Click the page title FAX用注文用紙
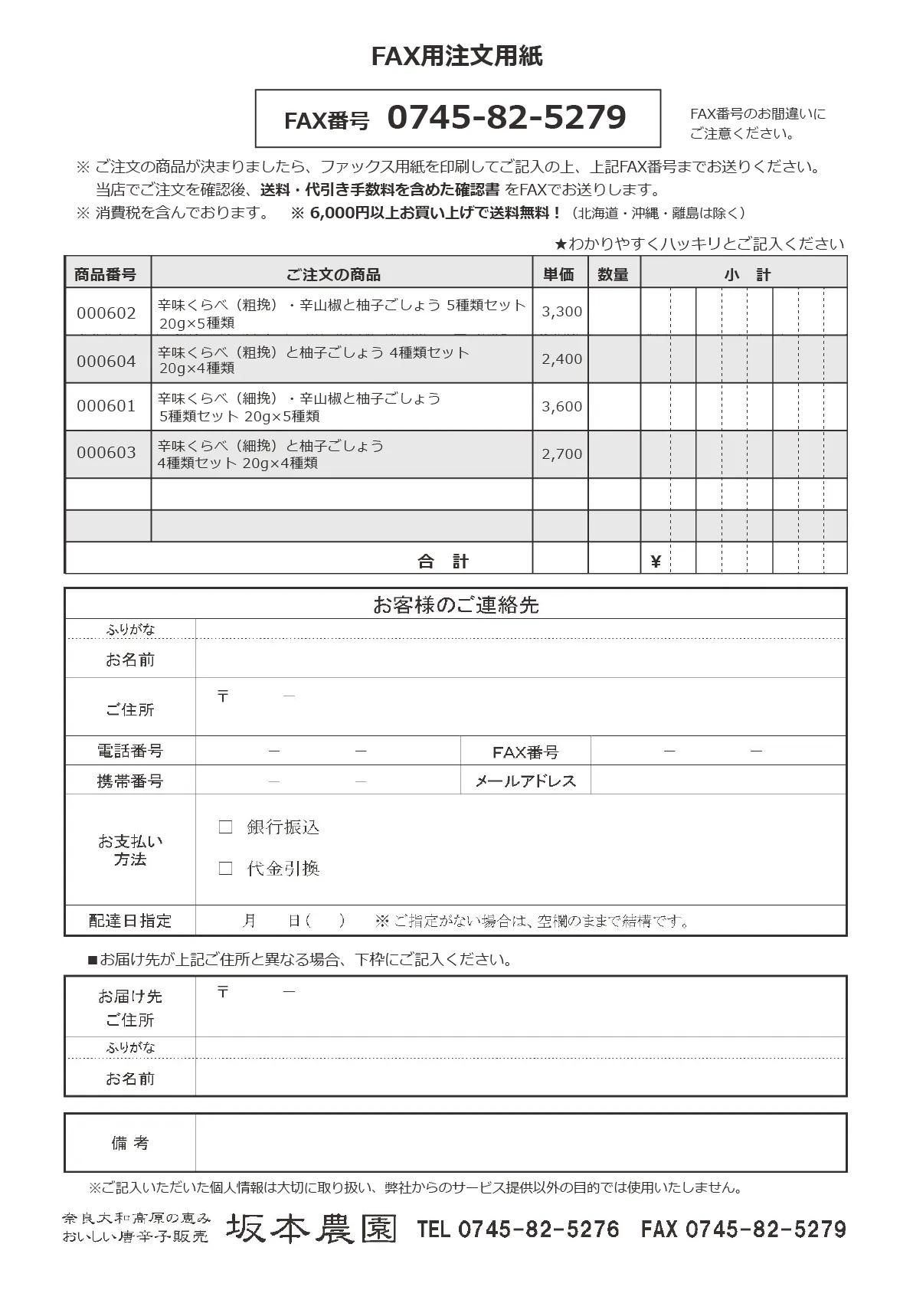456,57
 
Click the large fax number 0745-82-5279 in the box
506,118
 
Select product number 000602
106,313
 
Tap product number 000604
106,361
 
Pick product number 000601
106,406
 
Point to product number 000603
106,453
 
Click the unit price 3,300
561,312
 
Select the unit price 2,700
561,453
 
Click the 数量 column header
613,274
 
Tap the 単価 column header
559,274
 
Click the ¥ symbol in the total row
655,562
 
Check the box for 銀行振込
225,827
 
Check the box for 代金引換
225,868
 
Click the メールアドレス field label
525,781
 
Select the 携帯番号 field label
129,781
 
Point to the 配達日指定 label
129,920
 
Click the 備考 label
129,1142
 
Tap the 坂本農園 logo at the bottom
311,1229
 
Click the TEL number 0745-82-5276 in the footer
538,1229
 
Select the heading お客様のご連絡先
456,605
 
